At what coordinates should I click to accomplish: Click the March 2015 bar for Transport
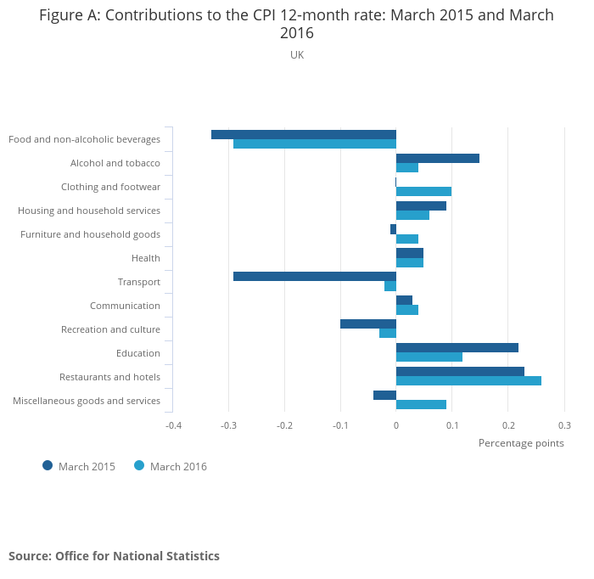tap(314, 276)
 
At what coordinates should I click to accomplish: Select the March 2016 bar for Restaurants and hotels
tap(468, 380)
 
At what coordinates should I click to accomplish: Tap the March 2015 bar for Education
tap(457, 347)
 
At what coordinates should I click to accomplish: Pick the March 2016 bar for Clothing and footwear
tap(423, 191)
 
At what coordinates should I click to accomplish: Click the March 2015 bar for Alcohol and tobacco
tap(437, 158)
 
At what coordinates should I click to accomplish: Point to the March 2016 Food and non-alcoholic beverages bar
tap(314, 143)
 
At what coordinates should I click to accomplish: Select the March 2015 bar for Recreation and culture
tap(367, 323)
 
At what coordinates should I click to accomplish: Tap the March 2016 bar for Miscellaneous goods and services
tap(421, 404)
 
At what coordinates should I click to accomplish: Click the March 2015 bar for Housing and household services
tap(421, 205)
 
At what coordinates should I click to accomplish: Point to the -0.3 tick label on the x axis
tap(228, 424)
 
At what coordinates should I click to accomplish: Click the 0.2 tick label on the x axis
tap(507, 424)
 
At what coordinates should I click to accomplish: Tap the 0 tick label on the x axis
tap(396, 424)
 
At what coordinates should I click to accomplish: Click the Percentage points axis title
tap(521, 442)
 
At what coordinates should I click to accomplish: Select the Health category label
tap(146, 258)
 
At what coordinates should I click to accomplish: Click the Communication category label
tap(125, 306)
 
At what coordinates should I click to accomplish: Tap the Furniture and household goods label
tap(90, 234)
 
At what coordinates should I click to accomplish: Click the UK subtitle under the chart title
tap(297, 54)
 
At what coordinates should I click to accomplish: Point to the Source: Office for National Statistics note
tap(114, 556)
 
